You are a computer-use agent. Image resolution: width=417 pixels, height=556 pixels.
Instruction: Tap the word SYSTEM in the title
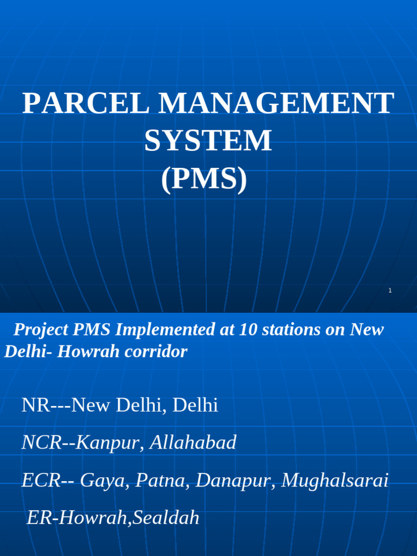(x=208, y=141)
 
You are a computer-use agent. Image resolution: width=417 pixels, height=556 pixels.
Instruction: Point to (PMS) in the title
(x=204, y=180)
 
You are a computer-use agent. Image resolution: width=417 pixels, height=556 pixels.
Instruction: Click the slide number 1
(x=390, y=291)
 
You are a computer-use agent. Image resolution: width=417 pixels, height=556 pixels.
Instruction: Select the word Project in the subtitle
(x=39, y=330)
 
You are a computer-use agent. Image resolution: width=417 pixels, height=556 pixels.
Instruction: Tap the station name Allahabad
(x=193, y=443)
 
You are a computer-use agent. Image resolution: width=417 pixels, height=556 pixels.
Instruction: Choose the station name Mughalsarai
(x=335, y=481)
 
